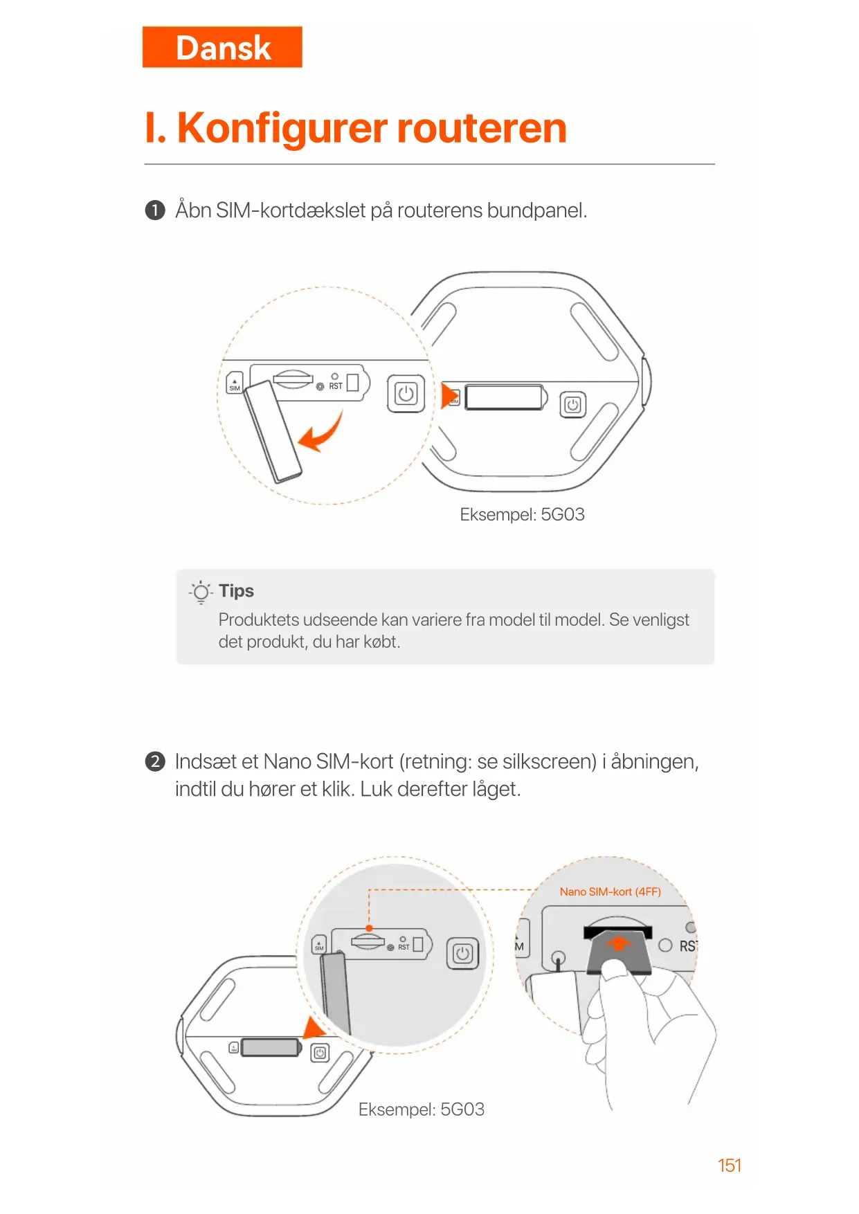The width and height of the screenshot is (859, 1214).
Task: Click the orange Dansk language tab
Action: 222,47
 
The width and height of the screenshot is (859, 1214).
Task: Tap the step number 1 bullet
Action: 155,210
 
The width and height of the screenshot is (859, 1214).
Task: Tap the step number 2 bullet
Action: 155,761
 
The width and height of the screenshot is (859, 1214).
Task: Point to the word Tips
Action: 236,590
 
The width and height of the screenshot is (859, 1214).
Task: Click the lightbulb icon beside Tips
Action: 201,592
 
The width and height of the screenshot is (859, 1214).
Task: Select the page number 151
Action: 729,1165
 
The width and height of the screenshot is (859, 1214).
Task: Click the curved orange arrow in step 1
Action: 321,433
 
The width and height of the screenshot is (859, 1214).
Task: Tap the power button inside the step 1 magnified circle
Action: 406,394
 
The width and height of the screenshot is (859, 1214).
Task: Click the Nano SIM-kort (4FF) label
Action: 610,891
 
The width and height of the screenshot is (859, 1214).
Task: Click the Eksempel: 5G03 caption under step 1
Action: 522,514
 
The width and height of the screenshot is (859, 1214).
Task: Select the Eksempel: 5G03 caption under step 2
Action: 421,1109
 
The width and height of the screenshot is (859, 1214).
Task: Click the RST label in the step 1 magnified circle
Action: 336,386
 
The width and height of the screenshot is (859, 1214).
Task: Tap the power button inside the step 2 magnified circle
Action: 462,954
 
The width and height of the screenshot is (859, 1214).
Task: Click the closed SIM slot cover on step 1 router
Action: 504,397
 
